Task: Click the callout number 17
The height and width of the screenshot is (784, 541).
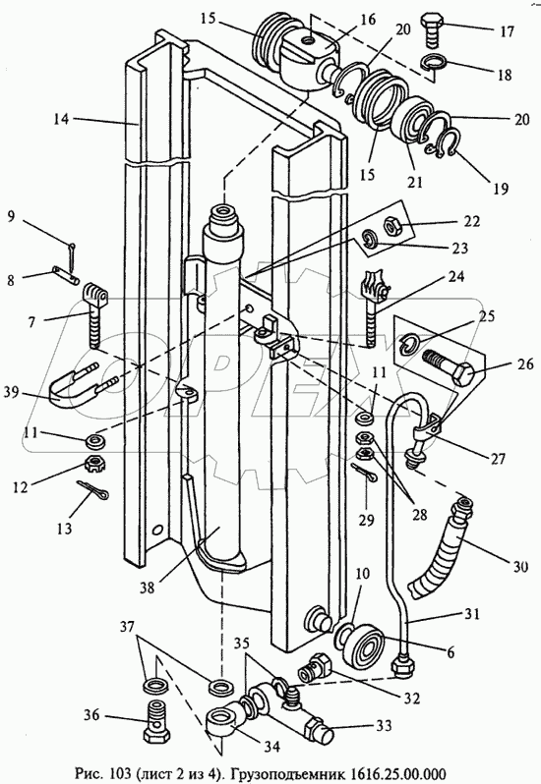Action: tap(507, 31)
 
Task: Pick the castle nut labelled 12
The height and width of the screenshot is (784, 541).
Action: tap(94, 465)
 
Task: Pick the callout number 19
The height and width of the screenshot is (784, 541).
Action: tap(501, 189)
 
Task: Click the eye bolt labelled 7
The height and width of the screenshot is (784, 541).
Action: tap(94, 314)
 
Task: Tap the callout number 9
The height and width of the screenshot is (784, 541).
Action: tap(12, 217)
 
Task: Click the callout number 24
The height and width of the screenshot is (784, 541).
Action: tap(456, 277)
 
